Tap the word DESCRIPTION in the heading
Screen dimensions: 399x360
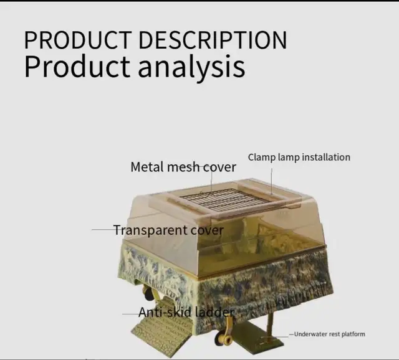[x=212, y=40]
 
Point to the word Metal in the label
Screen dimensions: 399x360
[x=147, y=167]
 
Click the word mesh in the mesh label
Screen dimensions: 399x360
[x=185, y=167]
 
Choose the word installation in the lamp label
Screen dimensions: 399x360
[x=326, y=157]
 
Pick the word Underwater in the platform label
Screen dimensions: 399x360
[x=310, y=334]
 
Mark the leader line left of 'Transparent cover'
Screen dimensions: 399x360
[x=103, y=230]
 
